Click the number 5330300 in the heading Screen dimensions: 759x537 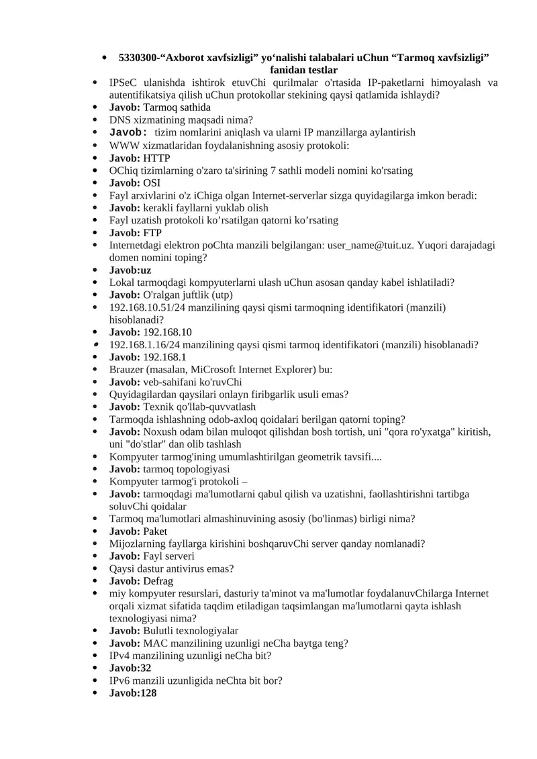(x=140, y=58)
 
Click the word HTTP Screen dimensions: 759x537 (x=157, y=158)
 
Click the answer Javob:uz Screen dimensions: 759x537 (x=130, y=270)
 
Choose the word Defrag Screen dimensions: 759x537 (x=158, y=581)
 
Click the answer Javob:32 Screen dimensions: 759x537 (x=130, y=668)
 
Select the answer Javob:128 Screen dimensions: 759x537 (x=133, y=693)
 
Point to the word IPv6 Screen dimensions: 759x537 (x=121, y=680)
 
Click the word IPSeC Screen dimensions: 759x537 (x=124, y=83)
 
